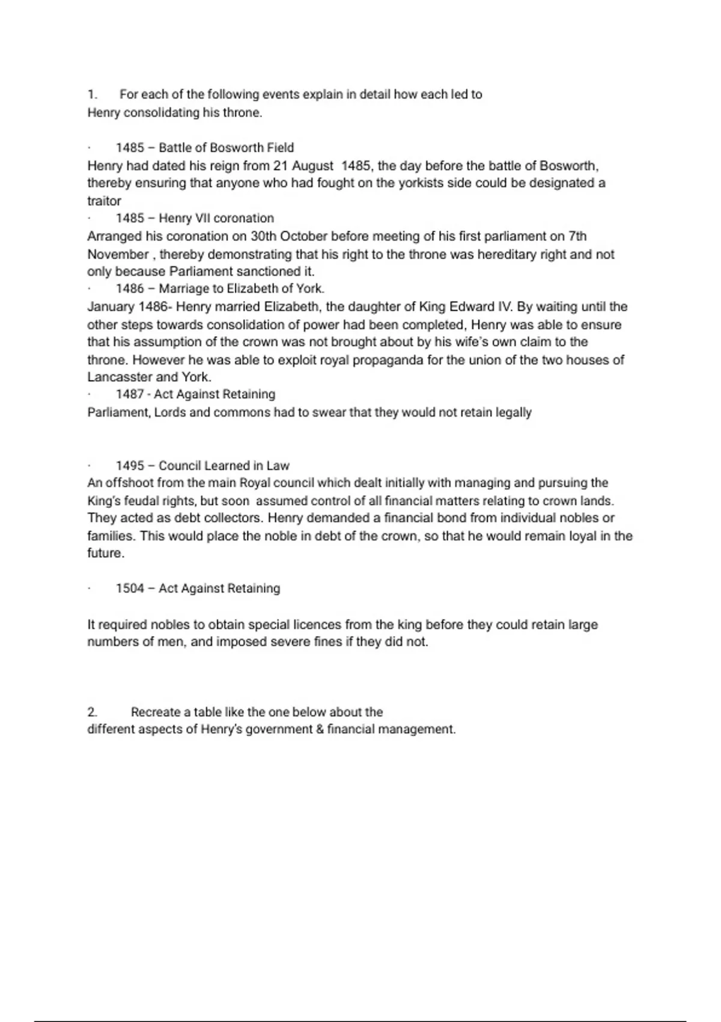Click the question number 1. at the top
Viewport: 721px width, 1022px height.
(x=93, y=94)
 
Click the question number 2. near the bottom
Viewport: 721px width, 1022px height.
(x=93, y=712)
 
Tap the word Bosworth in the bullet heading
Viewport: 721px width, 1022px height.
(x=236, y=148)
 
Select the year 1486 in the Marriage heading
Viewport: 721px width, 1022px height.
(x=130, y=289)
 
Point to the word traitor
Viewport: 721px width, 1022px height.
(x=104, y=201)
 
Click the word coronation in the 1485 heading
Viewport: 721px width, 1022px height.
(x=243, y=218)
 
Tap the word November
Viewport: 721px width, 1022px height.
(x=118, y=254)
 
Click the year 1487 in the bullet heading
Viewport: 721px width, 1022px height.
(x=130, y=394)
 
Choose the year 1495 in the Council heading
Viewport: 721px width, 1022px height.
(x=130, y=466)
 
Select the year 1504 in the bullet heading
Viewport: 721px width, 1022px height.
(x=130, y=589)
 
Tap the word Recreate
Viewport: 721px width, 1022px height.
(x=156, y=712)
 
